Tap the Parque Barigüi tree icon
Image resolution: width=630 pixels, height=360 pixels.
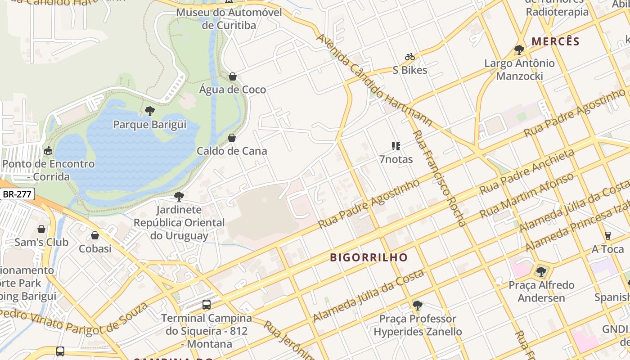coord(150,111)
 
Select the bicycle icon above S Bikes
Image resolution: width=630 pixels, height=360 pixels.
coord(410,57)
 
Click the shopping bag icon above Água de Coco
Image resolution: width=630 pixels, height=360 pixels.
coord(233,76)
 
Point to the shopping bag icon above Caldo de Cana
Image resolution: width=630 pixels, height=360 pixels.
coord(232,138)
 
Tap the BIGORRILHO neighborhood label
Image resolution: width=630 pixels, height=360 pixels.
coord(369,257)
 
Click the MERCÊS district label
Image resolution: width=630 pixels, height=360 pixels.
coord(555,41)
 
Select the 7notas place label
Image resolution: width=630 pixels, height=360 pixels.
coord(396,159)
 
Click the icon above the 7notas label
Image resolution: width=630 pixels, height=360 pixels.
coord(396,146)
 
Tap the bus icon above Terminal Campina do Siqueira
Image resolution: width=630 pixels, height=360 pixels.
coord(207,305)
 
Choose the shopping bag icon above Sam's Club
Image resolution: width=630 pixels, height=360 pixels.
coord(41,229)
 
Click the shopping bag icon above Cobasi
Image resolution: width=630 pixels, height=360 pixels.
coord(95,235)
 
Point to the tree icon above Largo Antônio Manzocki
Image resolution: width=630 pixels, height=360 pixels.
coord(519,50)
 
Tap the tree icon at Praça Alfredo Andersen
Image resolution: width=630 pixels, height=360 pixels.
coord(541,271)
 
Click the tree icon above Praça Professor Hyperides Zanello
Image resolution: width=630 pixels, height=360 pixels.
coord(418,306)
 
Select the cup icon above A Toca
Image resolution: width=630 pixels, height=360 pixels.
coord(607,236)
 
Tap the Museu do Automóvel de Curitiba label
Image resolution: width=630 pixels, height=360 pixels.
coord(229,18)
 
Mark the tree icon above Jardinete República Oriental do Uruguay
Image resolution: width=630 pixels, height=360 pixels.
coord(179,197)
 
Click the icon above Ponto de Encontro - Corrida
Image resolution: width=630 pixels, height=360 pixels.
coord(48,150)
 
